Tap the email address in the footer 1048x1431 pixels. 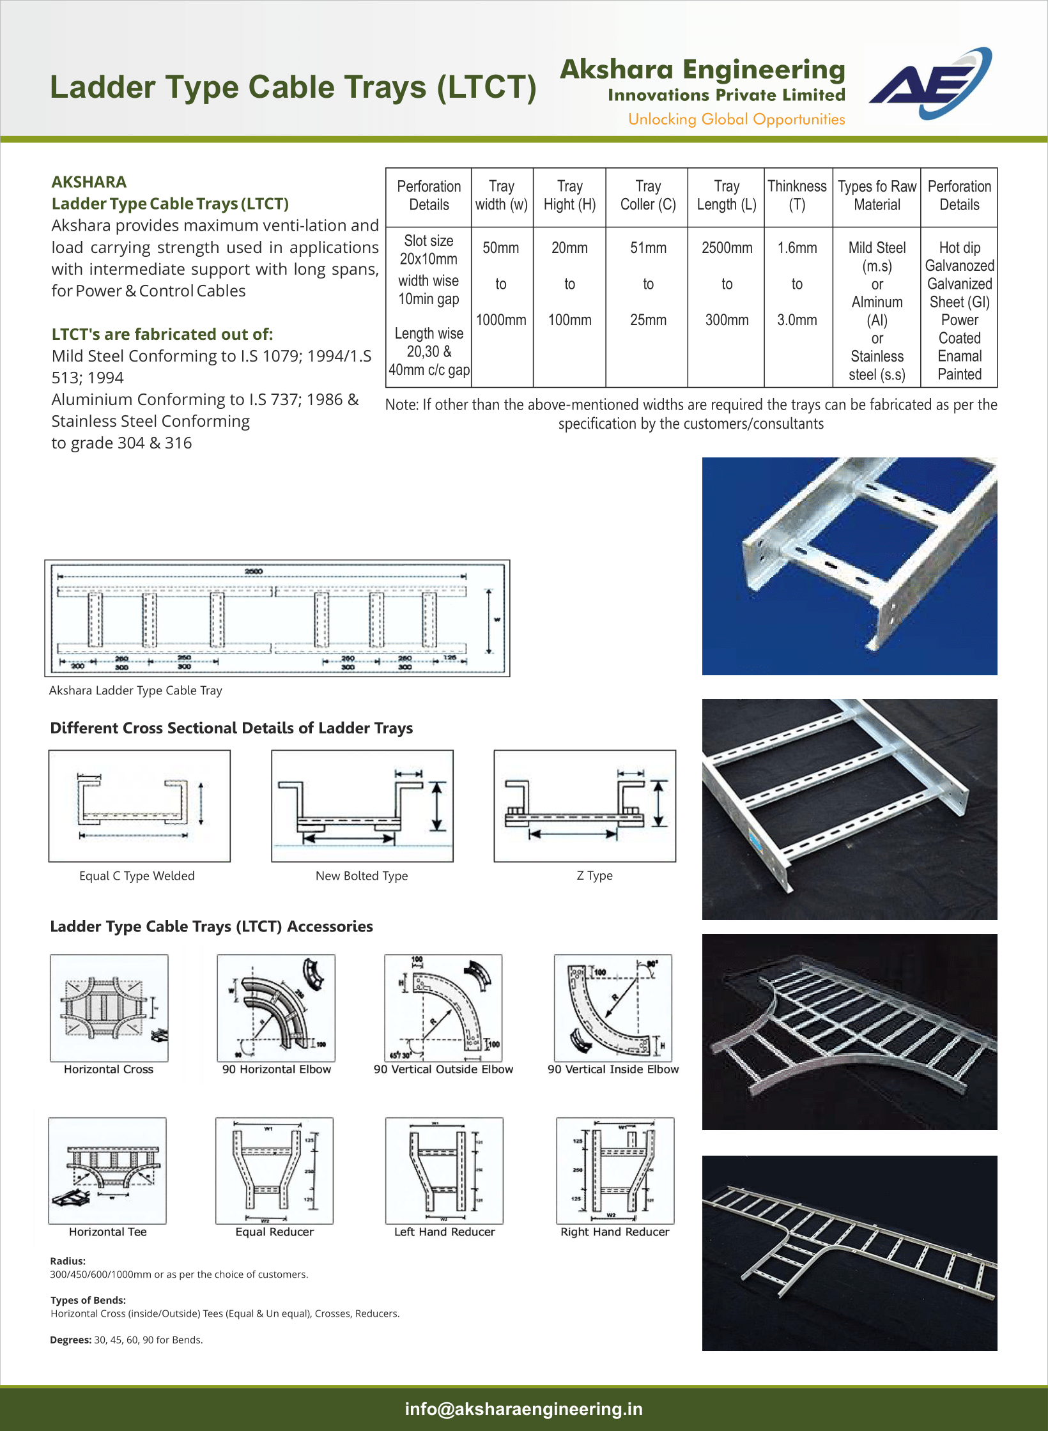[x=524, y=1409]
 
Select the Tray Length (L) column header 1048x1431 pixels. [x=727, y=195]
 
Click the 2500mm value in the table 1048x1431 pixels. [x=727, y=248]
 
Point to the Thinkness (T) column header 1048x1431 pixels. [x=797, y=195]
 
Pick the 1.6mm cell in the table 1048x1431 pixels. [x=797, y=248]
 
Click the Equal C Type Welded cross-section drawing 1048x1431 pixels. [x=139, y=806]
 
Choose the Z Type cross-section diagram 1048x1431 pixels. [x=585, y=806]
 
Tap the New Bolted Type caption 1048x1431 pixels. [x=362, y=876]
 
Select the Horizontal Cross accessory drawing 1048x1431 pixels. [x=109, y=1007]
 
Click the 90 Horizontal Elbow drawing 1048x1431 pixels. [x=276, y=1007]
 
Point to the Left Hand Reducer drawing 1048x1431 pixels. [x=444, y=1170]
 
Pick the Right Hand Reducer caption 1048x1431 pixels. [x=615, y=1232]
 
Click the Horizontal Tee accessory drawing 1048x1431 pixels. [x=107, y=1170]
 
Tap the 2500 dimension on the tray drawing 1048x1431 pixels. [x=254, y=571]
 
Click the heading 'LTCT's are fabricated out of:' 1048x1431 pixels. [x=162, y=334]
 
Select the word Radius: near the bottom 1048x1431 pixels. [x=68, y=1261]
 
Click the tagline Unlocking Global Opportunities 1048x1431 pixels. [x=736, y=119]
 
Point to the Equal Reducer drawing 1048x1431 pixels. [x=274, y=1170]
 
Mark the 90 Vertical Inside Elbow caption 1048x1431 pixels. [x=613, y=1069]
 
